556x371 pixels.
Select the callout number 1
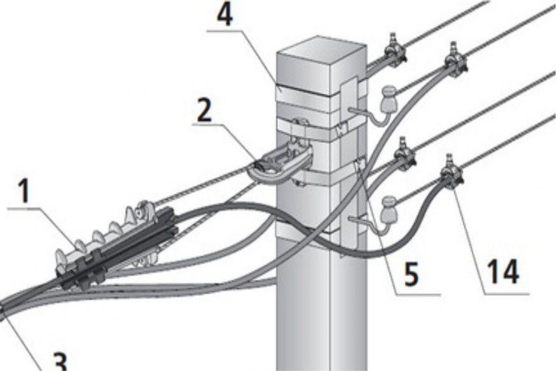coord(24,191)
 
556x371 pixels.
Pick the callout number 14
coord(503,272)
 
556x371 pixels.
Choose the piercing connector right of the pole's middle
coord(404,155)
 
